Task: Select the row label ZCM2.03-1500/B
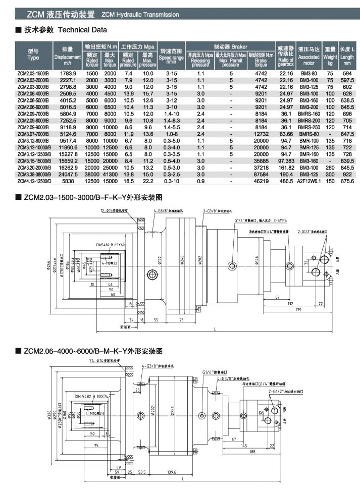tap(33, 74)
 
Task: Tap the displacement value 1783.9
tap(68, 74)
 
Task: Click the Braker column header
tap(230, 46)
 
